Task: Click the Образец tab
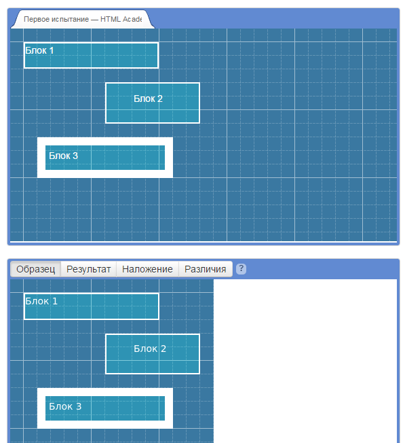[35, 269]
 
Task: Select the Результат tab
[89, 269]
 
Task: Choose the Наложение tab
[147, 269]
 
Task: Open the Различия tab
[206, 269]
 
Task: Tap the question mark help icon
[241, 268]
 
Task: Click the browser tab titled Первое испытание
[83, 19]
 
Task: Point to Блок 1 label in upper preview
[39, 50]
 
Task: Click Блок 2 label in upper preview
[148, 99]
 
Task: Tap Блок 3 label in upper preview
[63, 156]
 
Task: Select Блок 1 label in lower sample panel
[41, 301]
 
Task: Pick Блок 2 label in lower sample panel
[150, 349]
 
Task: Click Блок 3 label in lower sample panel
[65, 406]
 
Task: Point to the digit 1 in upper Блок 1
[52, 50]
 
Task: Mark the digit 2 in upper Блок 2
[160, 99]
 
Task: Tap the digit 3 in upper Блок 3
[75, 156]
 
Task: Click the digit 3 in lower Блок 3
[79, 406]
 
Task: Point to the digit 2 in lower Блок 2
[163, 349]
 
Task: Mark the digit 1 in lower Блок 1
[55, 301]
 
